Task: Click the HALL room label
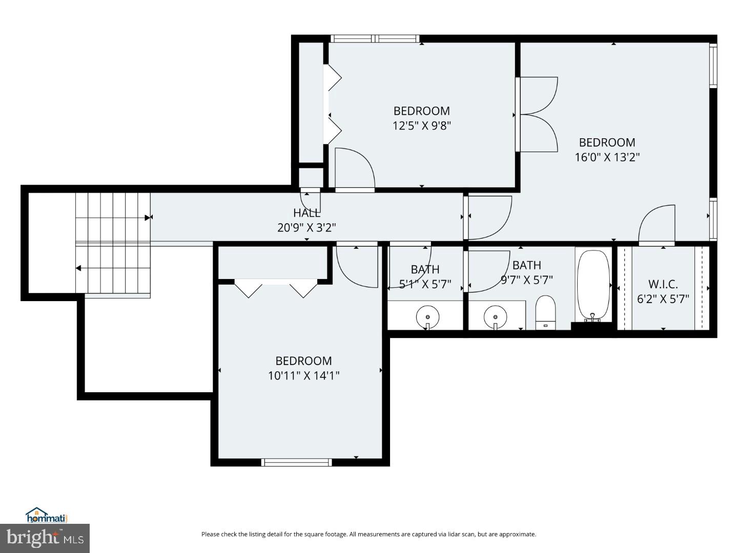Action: click(307, 212)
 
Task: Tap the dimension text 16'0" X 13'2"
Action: click(607, 157)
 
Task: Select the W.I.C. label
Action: click(663, 284)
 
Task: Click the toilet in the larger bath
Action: click(545, 312)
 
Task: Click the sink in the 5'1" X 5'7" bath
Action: click(427, 316)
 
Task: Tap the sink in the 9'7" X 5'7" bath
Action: click(495, 316)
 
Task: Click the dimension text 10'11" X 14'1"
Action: click(303, 376)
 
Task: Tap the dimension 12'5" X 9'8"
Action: click(421, 125)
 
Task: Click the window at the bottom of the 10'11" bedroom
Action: click(296, 462)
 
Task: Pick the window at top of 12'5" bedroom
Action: click(375, 38)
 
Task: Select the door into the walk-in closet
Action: click(658, 224)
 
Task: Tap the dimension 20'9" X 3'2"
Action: click(306, 227)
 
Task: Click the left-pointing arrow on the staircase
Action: click(78, 268)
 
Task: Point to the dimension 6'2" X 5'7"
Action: click(663, 299)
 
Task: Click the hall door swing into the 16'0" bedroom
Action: click(489, 218)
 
